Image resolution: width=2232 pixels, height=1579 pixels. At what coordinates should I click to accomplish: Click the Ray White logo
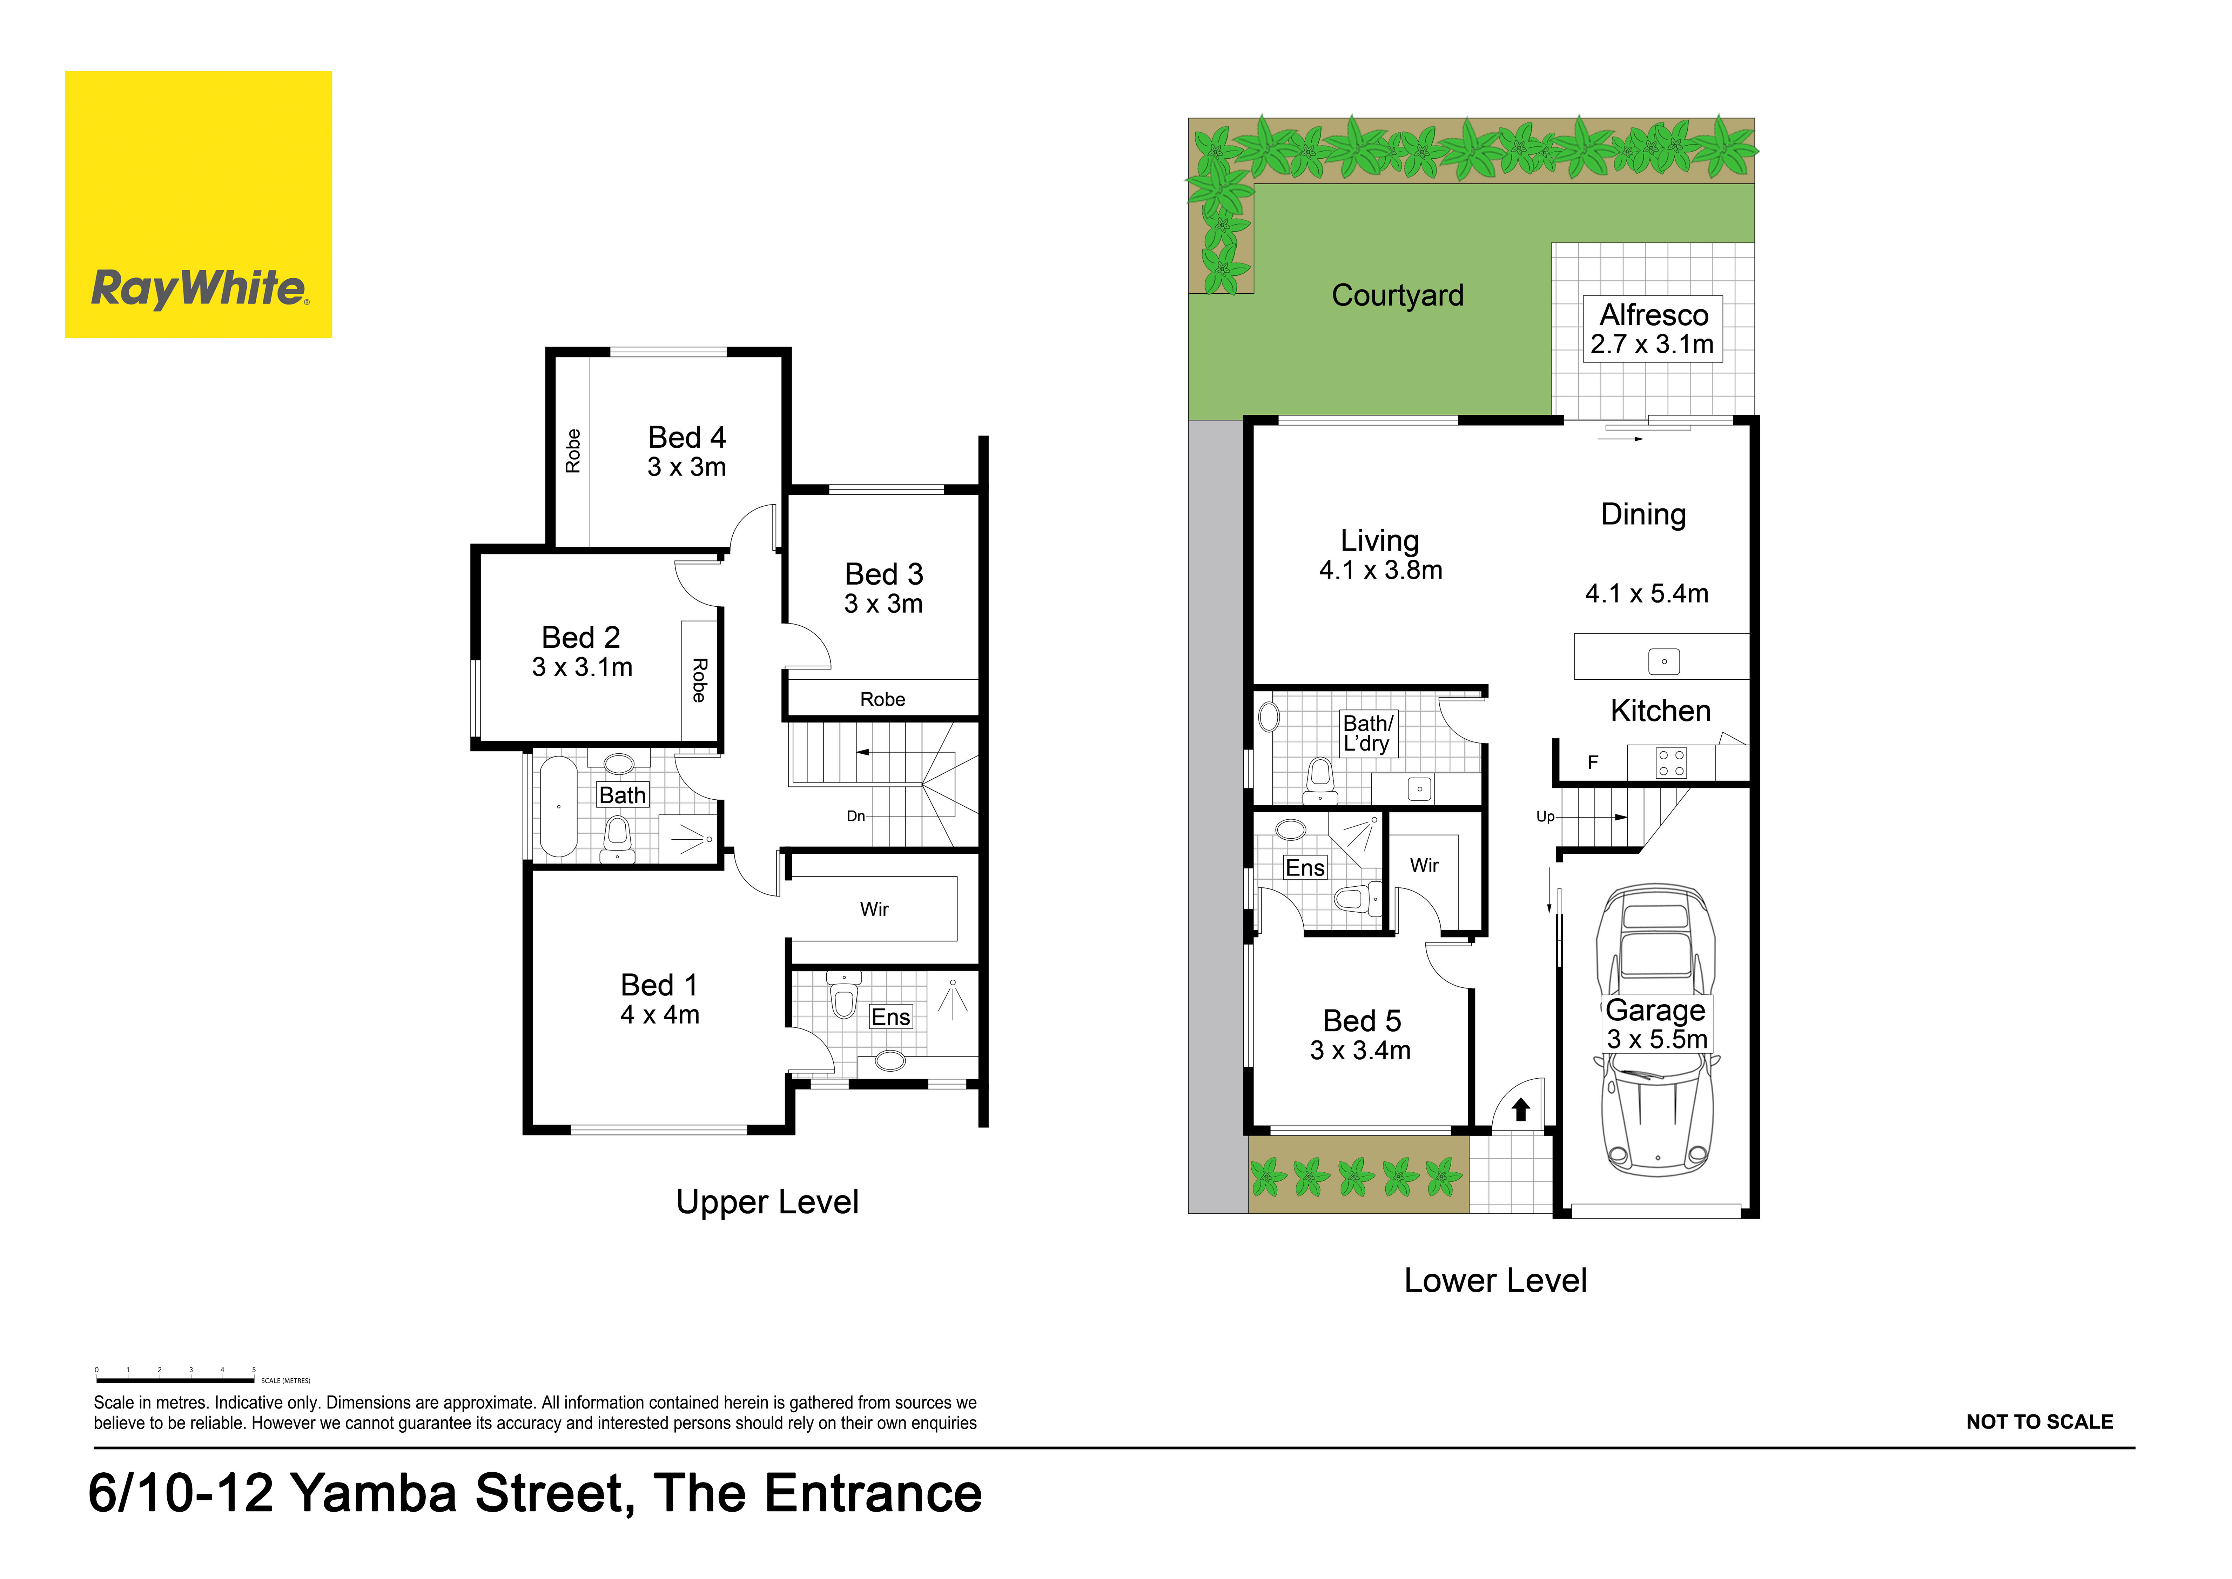tap(198, 204)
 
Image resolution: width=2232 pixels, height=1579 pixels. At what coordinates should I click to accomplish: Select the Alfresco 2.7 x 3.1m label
tap(1653, 329)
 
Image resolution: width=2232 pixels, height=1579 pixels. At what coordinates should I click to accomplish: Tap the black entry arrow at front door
tap(1521, 1110)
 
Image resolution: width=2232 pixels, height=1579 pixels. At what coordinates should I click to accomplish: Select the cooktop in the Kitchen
tap(1671, 762)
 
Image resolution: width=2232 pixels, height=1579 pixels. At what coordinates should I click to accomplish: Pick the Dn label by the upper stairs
tap(855, 816)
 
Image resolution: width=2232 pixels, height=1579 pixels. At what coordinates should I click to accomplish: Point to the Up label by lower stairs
tap(1545, 817)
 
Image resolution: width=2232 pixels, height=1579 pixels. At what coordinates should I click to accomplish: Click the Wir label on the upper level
tap(874, 909)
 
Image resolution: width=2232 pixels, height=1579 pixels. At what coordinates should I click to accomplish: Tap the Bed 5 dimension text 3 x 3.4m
tap(1360, 1050)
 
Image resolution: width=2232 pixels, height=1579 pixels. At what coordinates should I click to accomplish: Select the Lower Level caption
tap(1495, 1280)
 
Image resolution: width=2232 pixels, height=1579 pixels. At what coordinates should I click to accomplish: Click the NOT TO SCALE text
tap(2039, 1421)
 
